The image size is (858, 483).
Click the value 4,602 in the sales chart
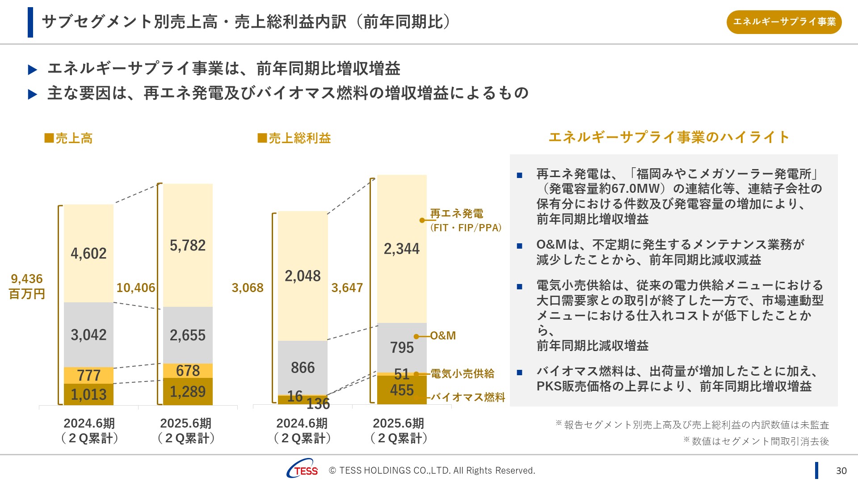click(88, 254)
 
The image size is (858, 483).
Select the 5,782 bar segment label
click(188, 246)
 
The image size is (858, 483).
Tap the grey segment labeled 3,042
click(88, 335)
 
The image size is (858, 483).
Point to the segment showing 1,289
click(188, 392)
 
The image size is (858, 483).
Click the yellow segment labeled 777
click(88, 375)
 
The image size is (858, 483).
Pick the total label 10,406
click(136, 288)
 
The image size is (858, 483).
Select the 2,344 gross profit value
click(402, 249)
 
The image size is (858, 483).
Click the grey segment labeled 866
click(303, 368)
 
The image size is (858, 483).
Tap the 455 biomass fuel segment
click(402, 390)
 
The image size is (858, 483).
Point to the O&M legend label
click(443, 336)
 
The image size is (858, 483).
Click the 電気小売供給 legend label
click(463, 374)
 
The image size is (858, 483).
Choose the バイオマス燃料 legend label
click(468, 397)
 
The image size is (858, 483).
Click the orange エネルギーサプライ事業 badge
click(784, 22)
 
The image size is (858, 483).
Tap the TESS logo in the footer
click(303, 469)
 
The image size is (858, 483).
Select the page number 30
click(841, 470)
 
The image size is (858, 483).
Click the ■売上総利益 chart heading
click(294, 138)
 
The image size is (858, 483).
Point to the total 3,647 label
click(347, 288)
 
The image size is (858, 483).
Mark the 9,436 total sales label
click(27, 279)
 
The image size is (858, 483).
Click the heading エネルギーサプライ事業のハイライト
click(669, 137)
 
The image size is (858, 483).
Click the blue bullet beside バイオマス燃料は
click(519, 373)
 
